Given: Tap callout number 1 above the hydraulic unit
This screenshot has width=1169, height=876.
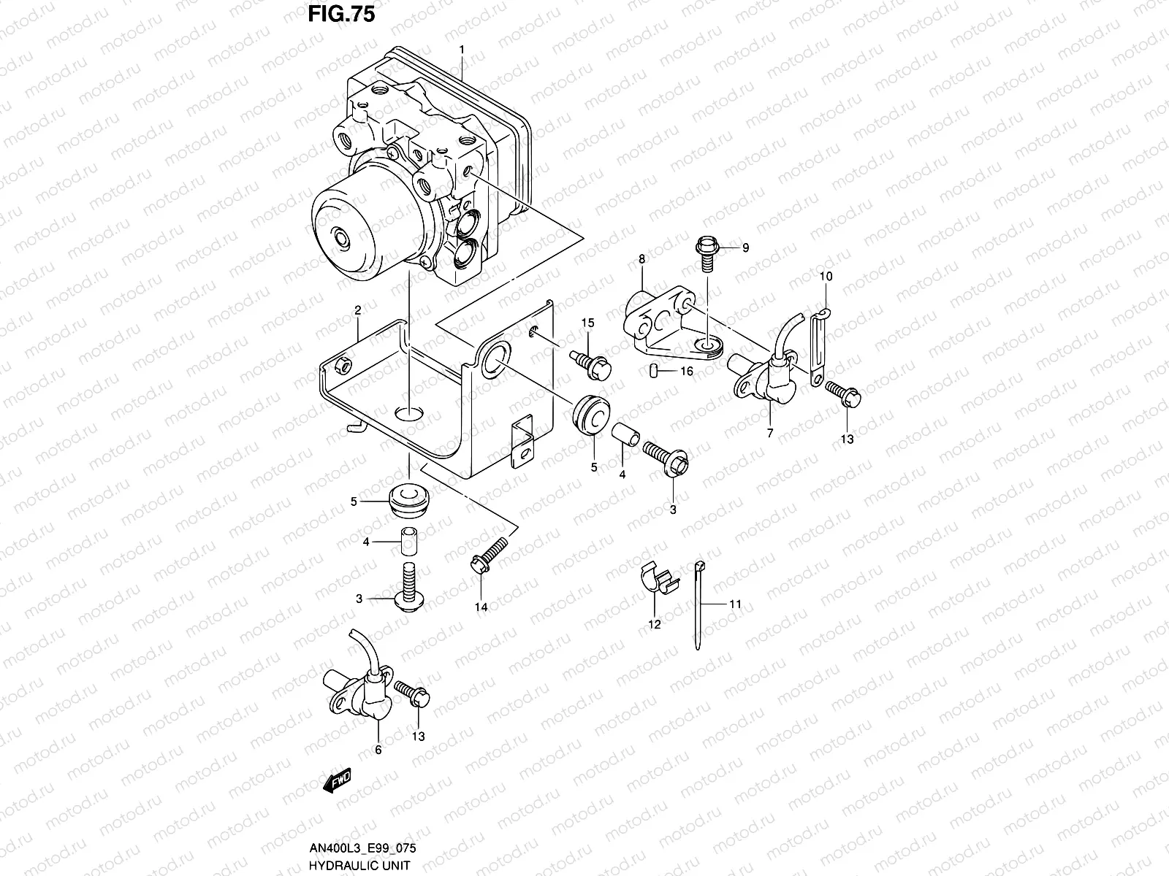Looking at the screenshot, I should [462, 49].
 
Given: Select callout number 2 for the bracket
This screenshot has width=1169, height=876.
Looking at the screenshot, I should [358, 311].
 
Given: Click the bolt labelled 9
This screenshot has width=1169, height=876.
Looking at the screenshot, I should [708, 250].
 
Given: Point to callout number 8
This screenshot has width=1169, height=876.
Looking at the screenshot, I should [641, 259].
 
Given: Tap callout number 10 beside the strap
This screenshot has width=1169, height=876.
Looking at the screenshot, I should [826, 277].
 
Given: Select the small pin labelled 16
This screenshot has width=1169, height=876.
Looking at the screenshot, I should [654, 372].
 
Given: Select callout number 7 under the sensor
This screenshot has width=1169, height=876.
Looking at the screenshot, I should [769, 433].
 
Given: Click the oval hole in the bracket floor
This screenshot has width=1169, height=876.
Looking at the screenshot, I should [409, 414].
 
